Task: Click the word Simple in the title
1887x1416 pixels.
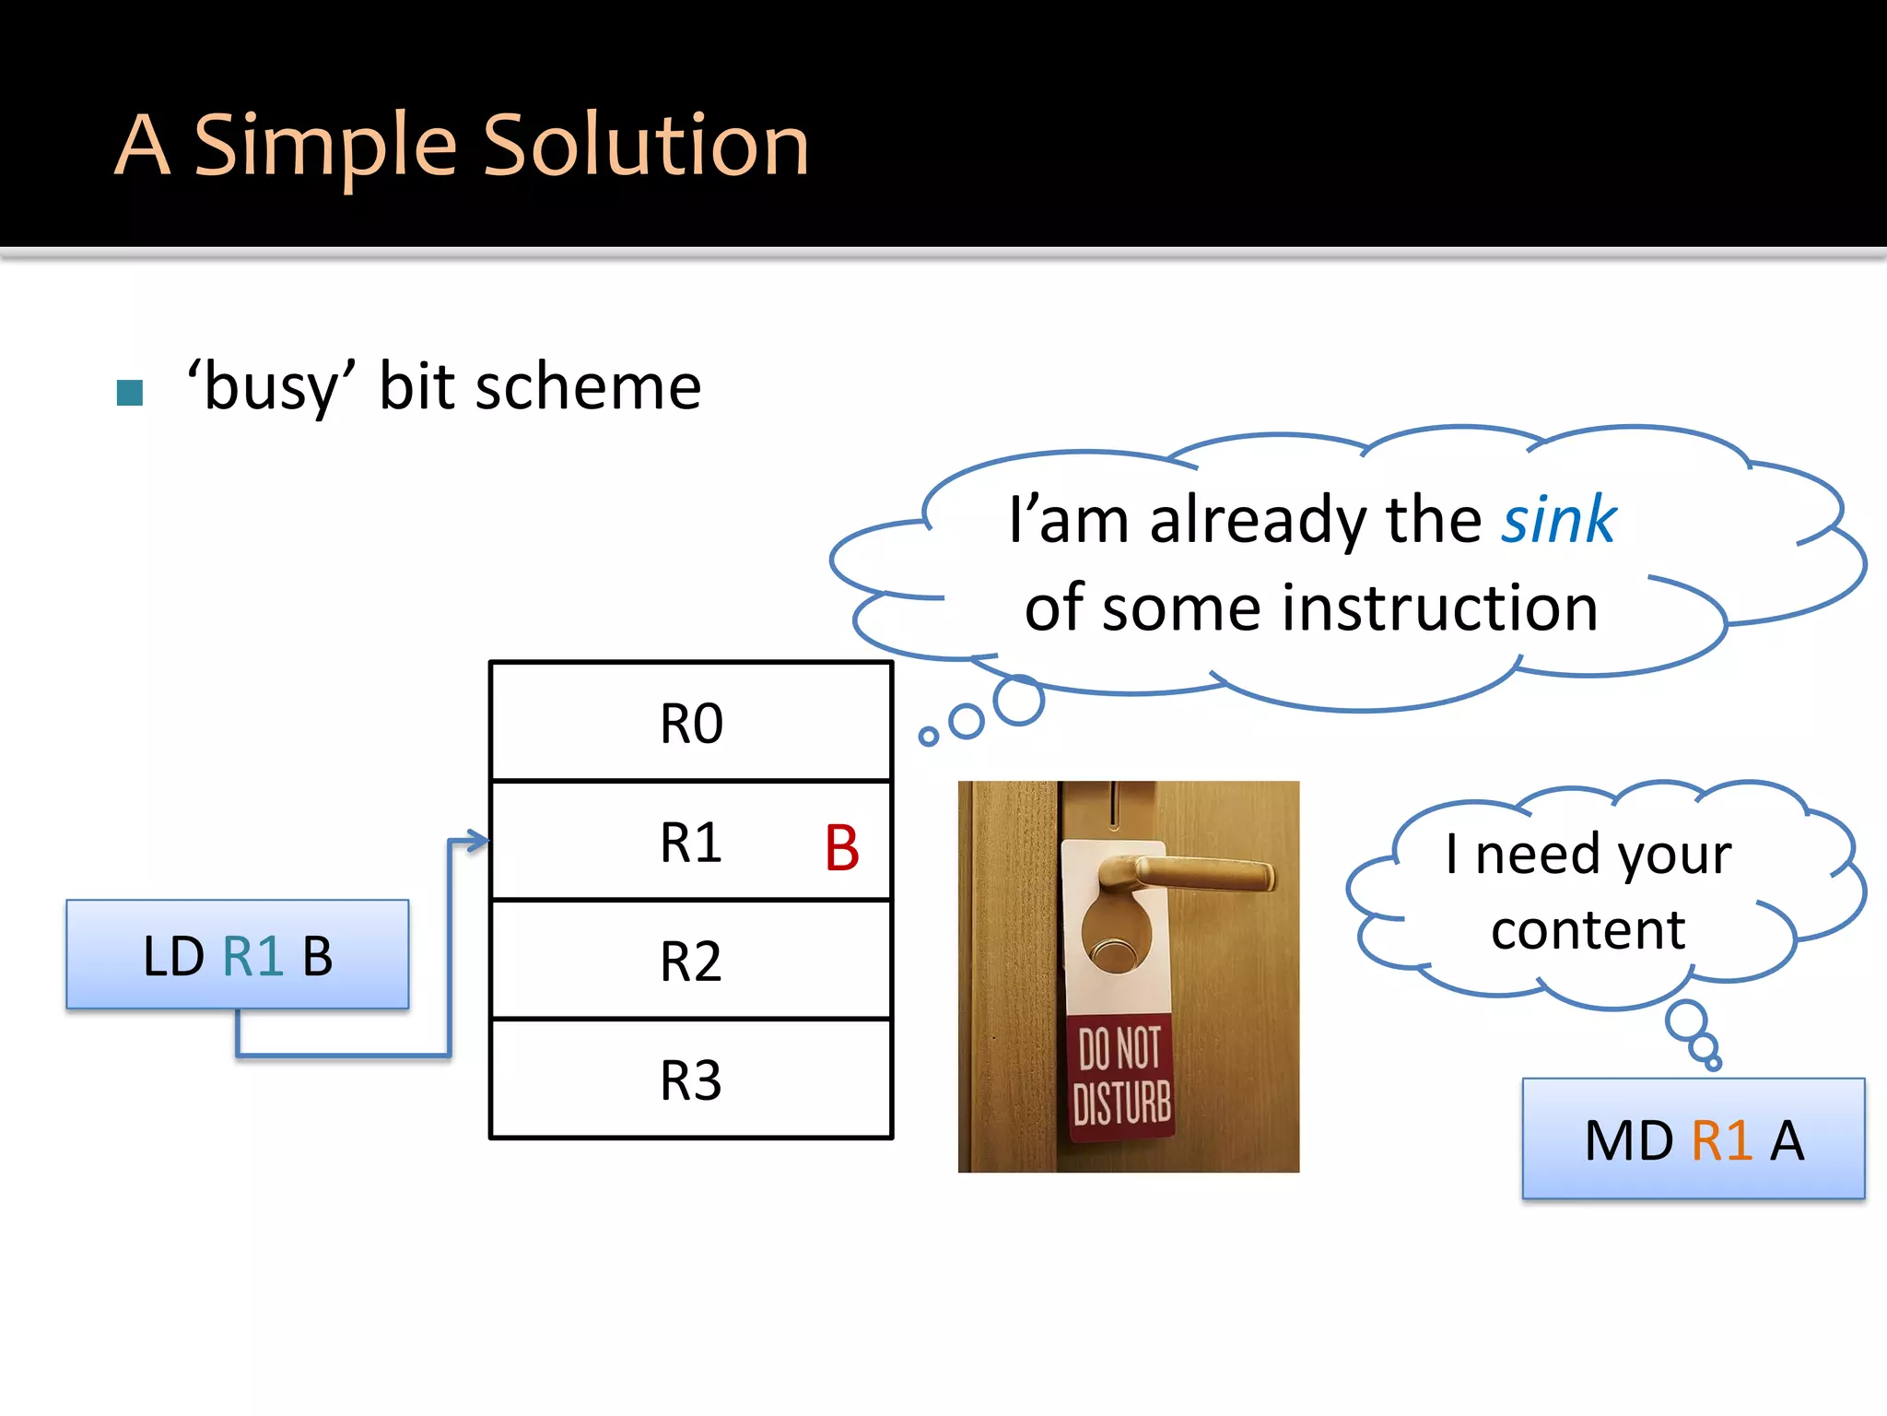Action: (324, 146)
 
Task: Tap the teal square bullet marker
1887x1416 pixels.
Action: (130, 393)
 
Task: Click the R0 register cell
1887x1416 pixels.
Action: (691, 723)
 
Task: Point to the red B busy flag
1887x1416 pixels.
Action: (841, 848)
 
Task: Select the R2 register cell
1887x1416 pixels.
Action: (691, 961)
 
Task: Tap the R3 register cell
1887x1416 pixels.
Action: (691, 1080)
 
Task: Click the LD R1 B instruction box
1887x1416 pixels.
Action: (238, 955)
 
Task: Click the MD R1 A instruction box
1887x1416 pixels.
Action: (1694, 1139)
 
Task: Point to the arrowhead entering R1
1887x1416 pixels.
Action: (477, 841)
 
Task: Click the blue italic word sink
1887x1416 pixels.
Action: (1558, 520)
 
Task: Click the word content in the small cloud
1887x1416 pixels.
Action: (1588, 929)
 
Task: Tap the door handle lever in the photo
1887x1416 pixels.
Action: (1198, 871)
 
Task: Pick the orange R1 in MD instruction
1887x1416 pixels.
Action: (1721, 1140)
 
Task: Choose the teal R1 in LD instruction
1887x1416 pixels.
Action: (252, 956)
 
